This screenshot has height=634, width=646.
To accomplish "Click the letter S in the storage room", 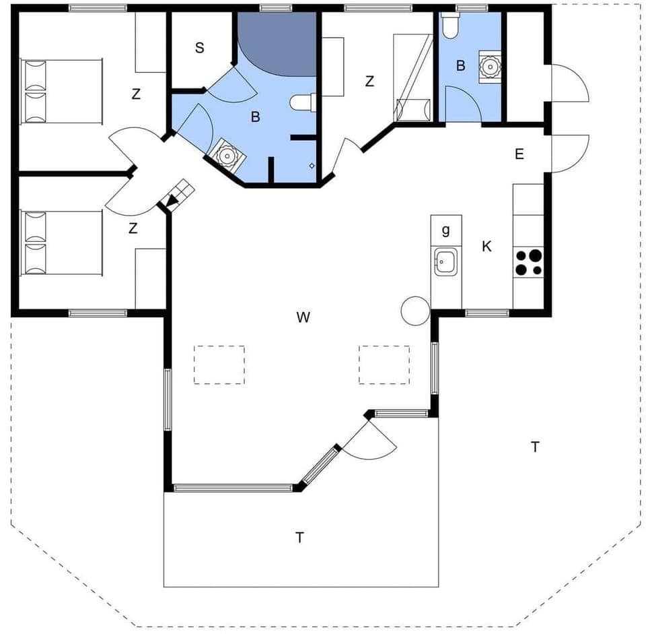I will (199, 48).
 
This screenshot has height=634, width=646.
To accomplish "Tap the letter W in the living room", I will (303, 317).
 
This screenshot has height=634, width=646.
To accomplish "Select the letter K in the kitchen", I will (487, 247).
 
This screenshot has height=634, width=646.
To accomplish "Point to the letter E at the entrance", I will (519, 154).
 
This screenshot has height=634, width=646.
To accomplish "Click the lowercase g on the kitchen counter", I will (445, 231).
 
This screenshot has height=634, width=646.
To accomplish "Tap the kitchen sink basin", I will (445, 261).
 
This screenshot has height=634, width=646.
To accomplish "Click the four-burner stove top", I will (528, 262).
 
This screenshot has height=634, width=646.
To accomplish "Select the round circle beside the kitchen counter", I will (415, 311).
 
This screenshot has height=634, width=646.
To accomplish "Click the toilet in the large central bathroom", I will (303, 103).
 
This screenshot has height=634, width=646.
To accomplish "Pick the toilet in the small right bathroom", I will (450, 26).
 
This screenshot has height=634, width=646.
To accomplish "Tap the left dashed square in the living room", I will (219, 364).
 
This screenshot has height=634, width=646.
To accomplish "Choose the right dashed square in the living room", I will (384, 364).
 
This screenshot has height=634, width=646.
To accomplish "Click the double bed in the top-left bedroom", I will (61, 92).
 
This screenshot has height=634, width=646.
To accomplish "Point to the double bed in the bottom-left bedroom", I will (61, 243).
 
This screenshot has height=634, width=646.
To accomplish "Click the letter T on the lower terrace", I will (299, 538).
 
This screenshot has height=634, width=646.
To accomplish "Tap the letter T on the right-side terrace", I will (535, 447).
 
